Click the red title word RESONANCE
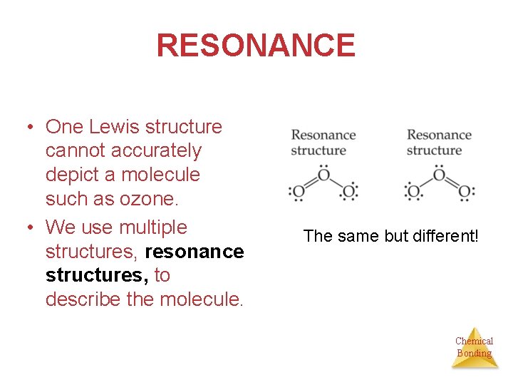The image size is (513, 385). (256, 46)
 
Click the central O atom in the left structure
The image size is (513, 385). (323, 174)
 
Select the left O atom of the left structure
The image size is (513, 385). (299, 192)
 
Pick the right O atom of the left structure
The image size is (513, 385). (349, 192)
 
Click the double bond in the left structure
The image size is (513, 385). (311, 183)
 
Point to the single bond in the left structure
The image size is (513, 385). (336, 183)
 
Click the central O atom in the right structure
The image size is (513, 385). (439, 174)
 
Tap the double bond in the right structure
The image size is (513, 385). (452, 183)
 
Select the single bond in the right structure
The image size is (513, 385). (426, 183)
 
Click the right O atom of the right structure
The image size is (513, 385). (465, 192)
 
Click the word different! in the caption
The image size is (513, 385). (445, 235)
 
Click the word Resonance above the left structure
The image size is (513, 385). (323, 135)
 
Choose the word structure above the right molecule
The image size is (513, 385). (434, 150)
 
